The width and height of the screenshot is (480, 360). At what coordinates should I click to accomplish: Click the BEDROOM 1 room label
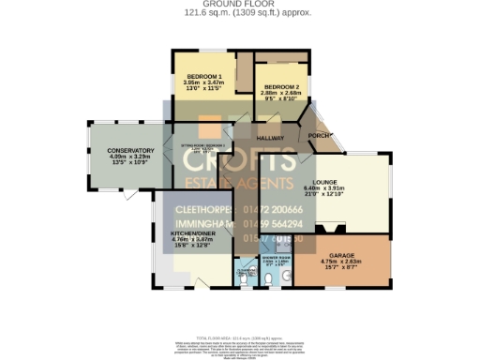point(203,76)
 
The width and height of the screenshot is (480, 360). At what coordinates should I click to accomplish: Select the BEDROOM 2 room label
point(280,86)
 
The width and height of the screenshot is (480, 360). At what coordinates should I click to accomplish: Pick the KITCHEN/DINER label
point(194,233)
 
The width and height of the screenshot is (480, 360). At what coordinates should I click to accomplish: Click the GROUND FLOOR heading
point(241,4)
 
